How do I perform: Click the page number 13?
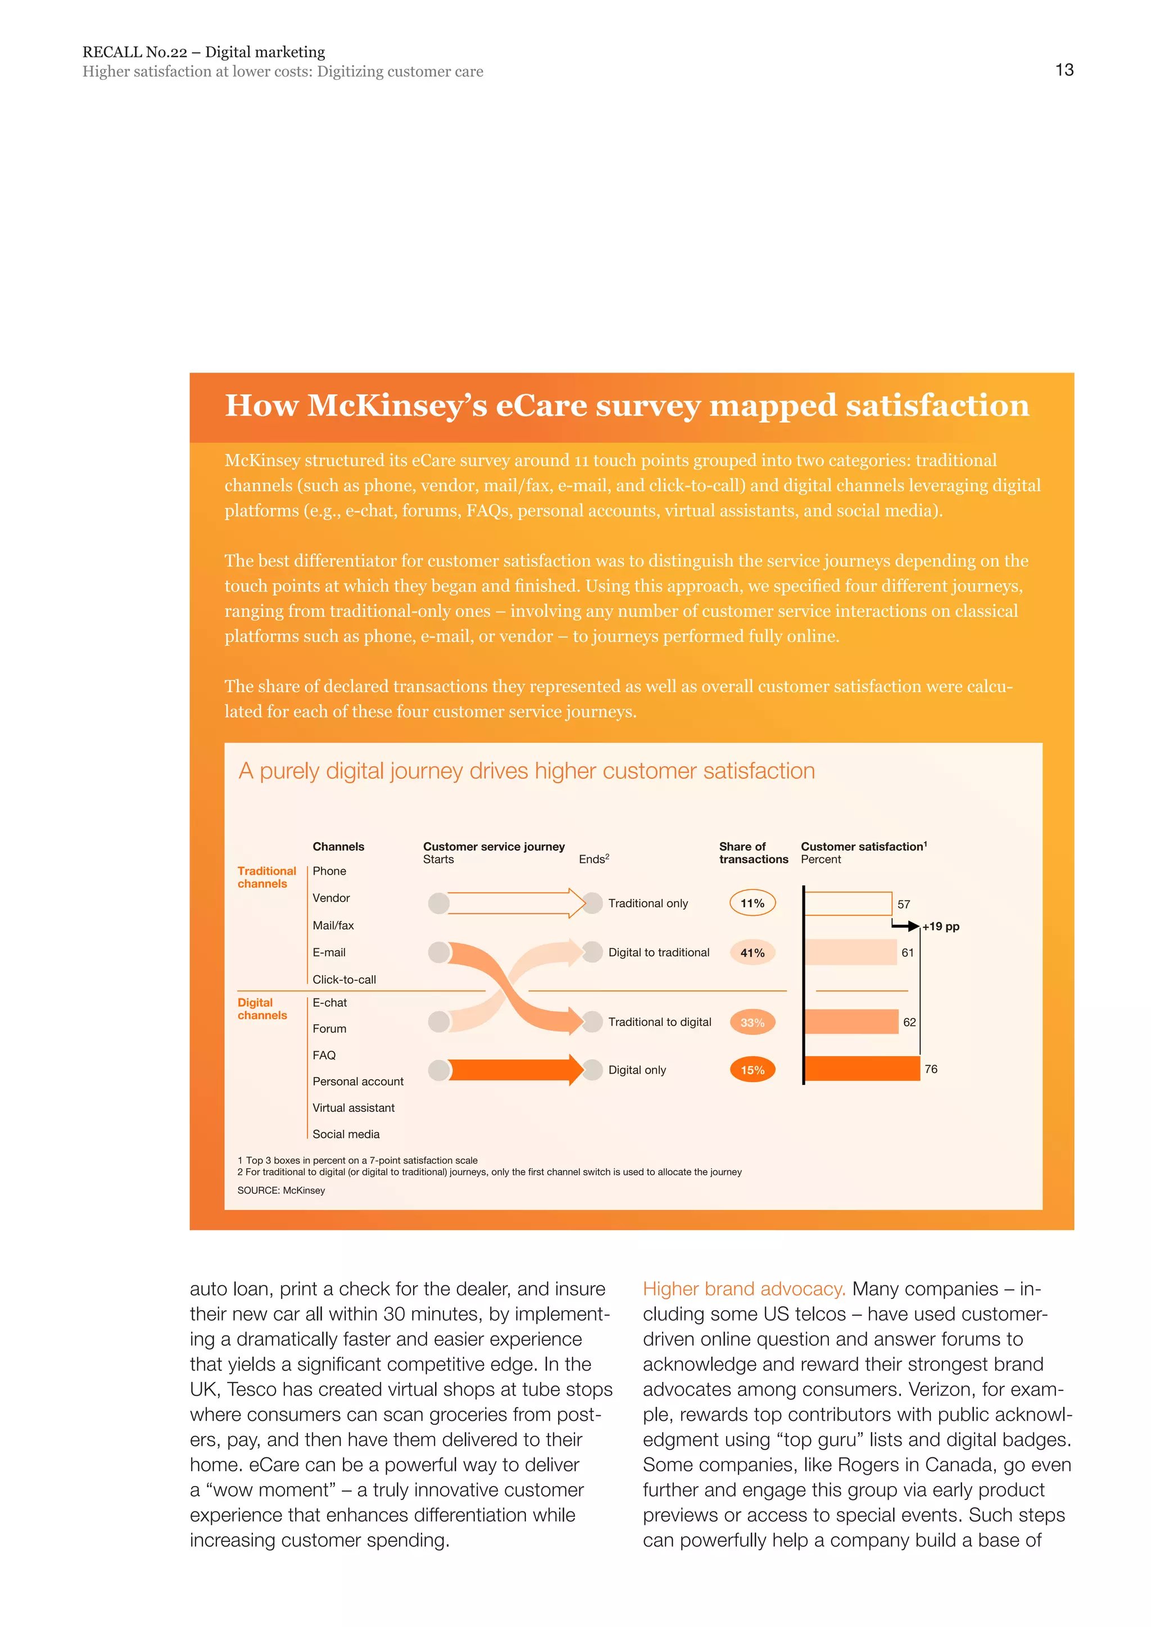pyautogui.click(x=1064, y=70)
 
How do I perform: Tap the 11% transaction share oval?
pyautogui.click(x=752, y=903)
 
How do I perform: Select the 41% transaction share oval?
pyautogui.click(x=752, y=952)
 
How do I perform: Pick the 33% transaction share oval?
pyautogui.click(x=752, y=1022)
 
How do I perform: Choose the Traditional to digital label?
pyautogui.click(x=659, y=1022)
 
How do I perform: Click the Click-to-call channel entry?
pyautogui.click(x=344, y=979)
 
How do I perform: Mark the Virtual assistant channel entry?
pyautogui.click(x=353, y=1107)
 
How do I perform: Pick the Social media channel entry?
pyautogui.click(x=346, y=1134)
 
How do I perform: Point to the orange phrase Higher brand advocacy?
pyautogui.click(x=744, y=1289)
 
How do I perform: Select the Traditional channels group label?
pyautogui.click(x=266, y=878)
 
